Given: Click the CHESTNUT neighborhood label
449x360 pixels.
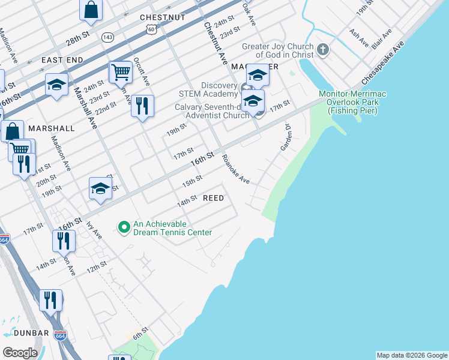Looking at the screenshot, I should tap(162, 17).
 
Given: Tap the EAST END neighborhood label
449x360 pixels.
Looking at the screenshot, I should tap(62, 60).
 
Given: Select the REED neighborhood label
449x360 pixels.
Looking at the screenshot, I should tap(213, 198).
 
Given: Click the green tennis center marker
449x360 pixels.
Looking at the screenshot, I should tap(124, 227).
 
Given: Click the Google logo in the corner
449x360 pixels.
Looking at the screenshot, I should tap(20, 353).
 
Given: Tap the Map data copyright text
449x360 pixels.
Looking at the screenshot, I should tap(412, 355).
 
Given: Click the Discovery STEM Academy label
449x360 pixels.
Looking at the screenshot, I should tap(208, 89).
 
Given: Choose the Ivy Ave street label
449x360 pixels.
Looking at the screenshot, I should tap(94, 230).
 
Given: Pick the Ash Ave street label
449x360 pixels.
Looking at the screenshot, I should tap(358, 38).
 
